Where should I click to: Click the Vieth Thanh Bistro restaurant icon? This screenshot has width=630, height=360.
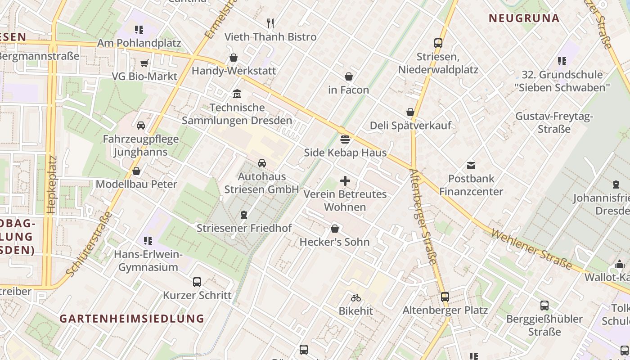click(270, 23)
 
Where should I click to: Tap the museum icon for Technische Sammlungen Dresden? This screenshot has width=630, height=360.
click(237, 94)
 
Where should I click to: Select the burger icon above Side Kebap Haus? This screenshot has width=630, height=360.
click(345, 139)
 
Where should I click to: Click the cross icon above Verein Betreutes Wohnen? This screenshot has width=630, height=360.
click(345, 181)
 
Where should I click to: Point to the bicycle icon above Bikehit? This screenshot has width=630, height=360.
click(356, 297)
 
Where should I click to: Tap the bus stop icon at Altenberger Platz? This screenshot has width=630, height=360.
click(445, 297)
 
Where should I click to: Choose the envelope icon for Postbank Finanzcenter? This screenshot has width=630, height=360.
click(471, 166)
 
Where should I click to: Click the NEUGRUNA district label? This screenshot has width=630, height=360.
click(524, 18)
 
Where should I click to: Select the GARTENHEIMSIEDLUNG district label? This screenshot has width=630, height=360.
click(132, 319)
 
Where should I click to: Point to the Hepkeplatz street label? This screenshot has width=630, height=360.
click(52, 184)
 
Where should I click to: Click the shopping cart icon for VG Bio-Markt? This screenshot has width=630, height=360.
click(144, 63)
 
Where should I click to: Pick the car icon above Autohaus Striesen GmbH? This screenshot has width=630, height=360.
click(262, 163)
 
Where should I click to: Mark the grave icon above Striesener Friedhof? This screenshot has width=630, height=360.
click(244, 215)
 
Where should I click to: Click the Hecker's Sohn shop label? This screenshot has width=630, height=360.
click(334, 242)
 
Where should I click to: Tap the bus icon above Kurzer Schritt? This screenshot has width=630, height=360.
click(197, 282)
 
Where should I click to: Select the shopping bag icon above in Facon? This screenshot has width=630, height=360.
click(349, 76)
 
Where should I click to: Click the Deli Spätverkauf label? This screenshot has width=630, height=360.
click(410, 126)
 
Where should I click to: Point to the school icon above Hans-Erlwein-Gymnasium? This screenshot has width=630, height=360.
click(148, 241)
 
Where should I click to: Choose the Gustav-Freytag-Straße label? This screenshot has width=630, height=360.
click(554, 122)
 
